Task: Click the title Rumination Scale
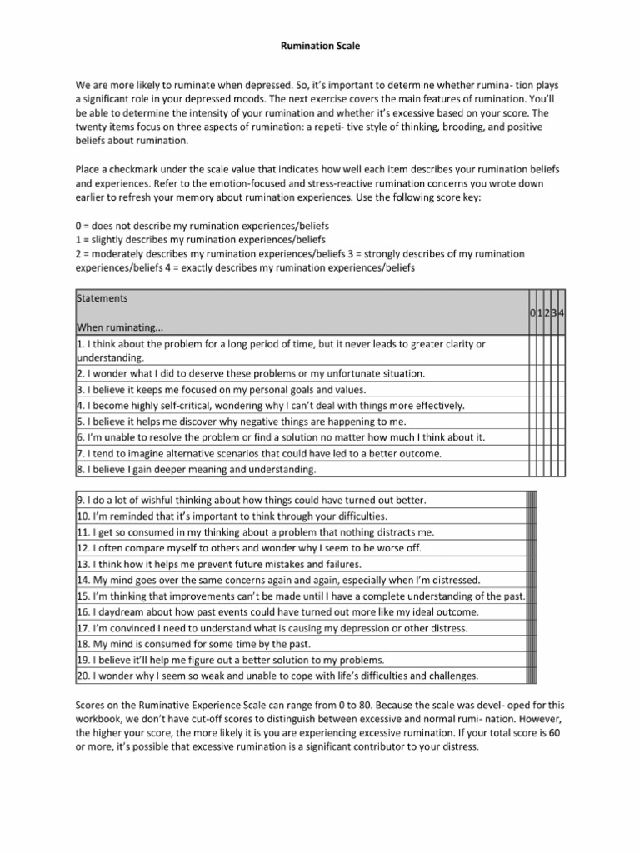pyautogui.click(x=320, y=47)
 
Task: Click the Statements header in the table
pyautogui.click(x=102, y=297)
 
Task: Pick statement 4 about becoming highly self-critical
pyautogui.click(x=270, y=406)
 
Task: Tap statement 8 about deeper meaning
pyautogui.click(x=197, y=470)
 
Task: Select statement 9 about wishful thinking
pyautogui.click(x=252, y=500)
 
